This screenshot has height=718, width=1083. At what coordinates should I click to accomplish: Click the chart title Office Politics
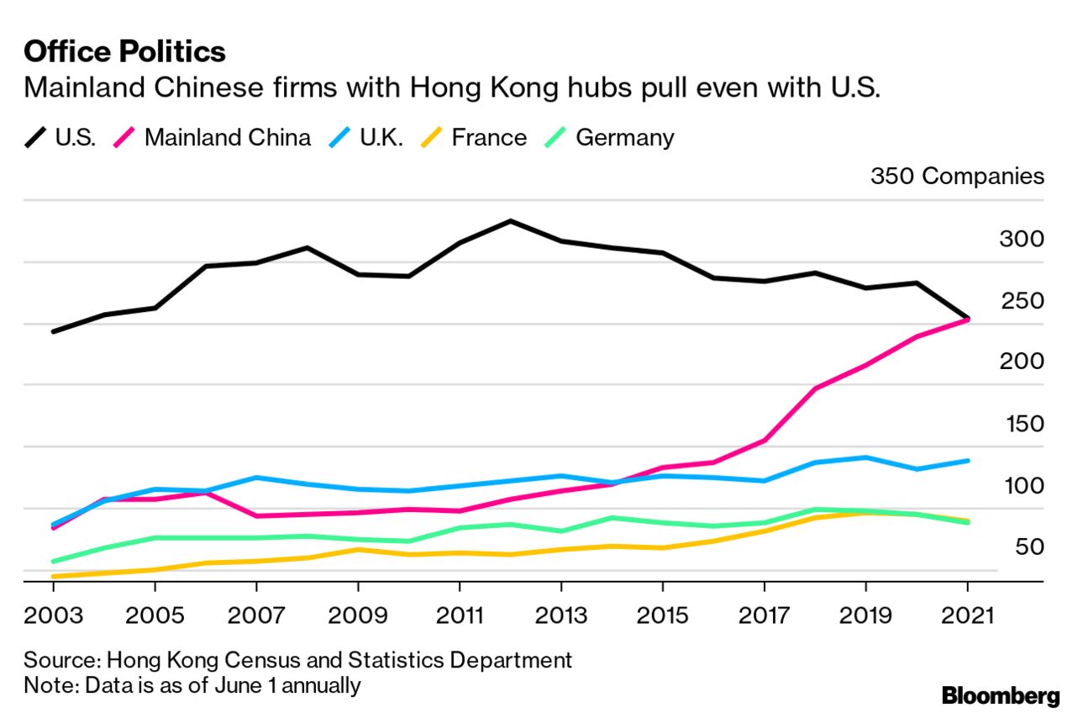pyautogui.click(x=124, y=52)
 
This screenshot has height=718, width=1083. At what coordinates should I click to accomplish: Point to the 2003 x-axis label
pyautogui.click(x=54, y=615)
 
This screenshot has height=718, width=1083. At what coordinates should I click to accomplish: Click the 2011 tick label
pyautogui.click(x=460, y=615)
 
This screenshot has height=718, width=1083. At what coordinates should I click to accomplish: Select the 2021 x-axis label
pyautogui.click(x=967, y=615)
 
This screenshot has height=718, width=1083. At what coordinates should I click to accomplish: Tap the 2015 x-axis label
pyautogui.click(x=662, y=615)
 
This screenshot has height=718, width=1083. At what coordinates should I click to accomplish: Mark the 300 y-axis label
pyautogui.click(x=1021, y=240)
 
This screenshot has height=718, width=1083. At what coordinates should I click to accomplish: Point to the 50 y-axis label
pyautogui.click(x=1028, y=547)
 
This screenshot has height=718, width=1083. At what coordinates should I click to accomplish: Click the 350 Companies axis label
pyautogui.click(x=957, y=177)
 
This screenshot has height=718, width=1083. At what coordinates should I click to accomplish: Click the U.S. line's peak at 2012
pyautogui.click(x=510, y=221)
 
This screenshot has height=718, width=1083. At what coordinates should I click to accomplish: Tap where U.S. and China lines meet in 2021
pyautogui.click(x=968, y=319)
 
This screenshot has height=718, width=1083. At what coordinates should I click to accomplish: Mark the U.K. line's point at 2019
pyautogui.click(x=865, y=457)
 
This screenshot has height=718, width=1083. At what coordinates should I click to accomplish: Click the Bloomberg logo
pyautogui.click(x=1001, y=696)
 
